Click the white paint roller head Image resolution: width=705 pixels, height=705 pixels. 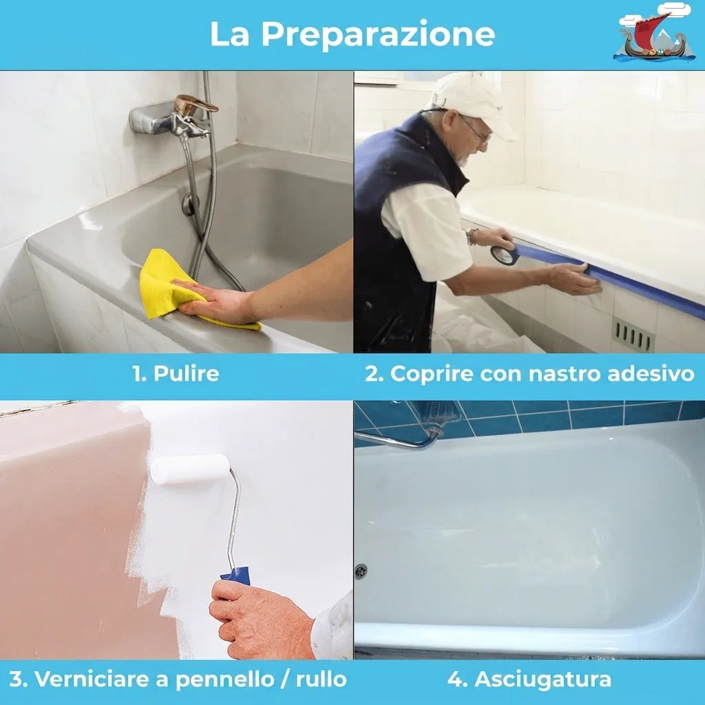tap(190, 469)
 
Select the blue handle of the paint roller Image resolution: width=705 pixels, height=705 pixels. tap(236, 576)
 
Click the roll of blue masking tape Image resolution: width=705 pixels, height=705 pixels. tap(505, 255)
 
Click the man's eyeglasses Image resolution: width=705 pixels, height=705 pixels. tap(474, 129)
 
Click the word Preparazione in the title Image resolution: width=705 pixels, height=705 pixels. tap(378, 34)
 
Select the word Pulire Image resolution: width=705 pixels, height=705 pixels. tap(186, 374)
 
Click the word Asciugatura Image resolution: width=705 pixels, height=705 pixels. tap(543, 679)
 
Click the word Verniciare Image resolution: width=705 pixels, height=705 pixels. tap(92, 679)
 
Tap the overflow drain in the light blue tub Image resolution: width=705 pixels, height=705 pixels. tap(361, 571)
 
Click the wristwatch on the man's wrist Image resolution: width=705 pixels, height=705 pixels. tap(472, 237)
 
